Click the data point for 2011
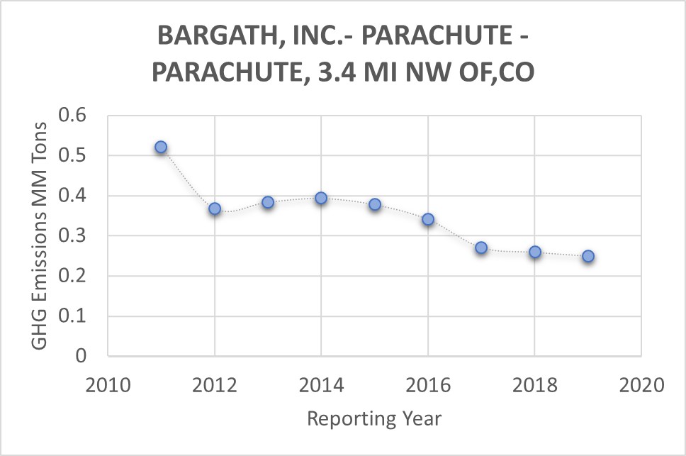point(161,148)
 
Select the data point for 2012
point(215,209)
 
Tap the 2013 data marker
point(268,202)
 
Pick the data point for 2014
point(321,199)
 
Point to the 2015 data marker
point(375,205)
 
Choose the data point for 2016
point(428,220)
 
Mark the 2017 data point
point(481,248)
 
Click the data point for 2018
point(535,252)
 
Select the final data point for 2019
point(588,257)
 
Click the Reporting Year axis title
point(374,418)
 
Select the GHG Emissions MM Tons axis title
point(40,235)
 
